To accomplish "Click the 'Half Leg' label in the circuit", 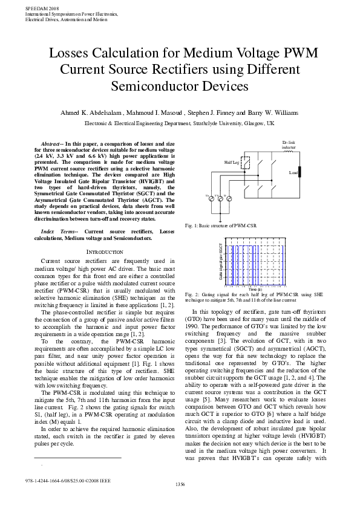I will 232,162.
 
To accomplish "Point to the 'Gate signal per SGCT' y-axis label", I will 221,261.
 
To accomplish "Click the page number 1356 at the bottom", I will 180,501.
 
